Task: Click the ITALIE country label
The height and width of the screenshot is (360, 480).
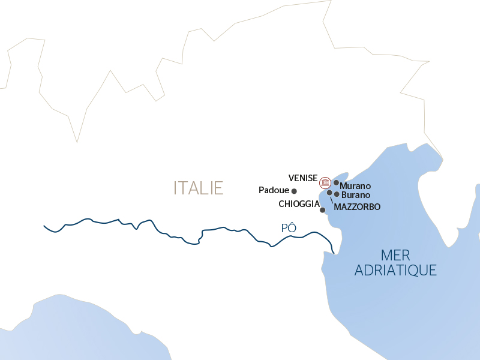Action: (x=198, y=188)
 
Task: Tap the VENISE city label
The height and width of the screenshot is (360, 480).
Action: (x=302, y=178)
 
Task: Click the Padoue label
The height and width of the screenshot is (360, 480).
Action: (x=274, y=190)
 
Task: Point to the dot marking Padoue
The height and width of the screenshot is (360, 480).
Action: (x=294, y=191)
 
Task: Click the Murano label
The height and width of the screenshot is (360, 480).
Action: (x=355, y=186)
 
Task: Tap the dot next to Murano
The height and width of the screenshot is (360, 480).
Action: (x=337, y=182)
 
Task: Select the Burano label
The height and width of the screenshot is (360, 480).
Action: (x=355, y=195)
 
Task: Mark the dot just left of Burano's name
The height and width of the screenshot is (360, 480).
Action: (x=337, y=194)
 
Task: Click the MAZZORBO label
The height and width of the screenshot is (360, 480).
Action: (x=357, y=207)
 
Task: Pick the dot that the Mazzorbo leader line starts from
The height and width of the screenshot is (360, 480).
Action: (x=329, y=193)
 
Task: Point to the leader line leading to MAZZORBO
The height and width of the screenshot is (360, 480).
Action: (x=331, y=200)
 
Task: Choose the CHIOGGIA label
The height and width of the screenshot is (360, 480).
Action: (x=299, y=204)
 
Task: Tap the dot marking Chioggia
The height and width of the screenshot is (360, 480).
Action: (x=323, y=210)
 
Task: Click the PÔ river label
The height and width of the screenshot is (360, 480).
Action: (x=289, y=228)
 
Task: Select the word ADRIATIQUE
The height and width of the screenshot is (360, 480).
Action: (x=395, y=271)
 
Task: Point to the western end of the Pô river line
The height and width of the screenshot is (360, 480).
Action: (x=45, y=226)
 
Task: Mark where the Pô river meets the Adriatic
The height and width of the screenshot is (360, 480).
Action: (x=333, y=251)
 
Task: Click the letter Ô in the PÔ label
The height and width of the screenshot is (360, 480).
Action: (x=292, y=228)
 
